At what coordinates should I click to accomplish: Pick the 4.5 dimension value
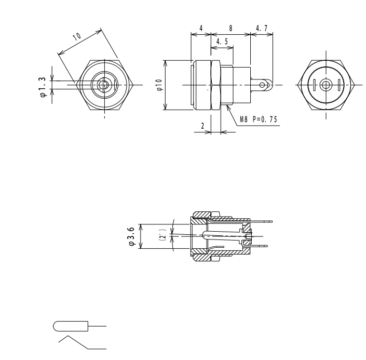click(222, 41)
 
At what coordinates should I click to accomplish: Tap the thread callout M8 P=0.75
click(259, 120)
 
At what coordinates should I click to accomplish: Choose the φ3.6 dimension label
click(132, 236)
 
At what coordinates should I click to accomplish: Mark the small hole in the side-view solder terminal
click(263, 85)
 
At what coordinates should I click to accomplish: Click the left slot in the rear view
click(314, 85)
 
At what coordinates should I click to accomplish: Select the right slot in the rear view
click(338, 85)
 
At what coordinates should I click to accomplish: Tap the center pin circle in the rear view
click(326, 85)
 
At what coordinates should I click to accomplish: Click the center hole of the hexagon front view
click(105, 85)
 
